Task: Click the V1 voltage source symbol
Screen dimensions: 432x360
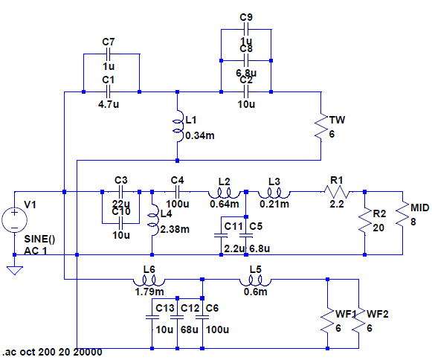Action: (15, 220)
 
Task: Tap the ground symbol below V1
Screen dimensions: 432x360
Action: (15, 271)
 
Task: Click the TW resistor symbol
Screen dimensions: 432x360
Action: (321, 126)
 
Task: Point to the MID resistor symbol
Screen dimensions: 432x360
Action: (402, 214)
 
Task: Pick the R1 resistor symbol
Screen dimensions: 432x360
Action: (337, 192)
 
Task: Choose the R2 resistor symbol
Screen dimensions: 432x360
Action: (365, 220)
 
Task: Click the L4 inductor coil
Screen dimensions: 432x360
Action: (154, 219)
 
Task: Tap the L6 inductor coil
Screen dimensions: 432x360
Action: (149, 281)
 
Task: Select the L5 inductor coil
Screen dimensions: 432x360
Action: (255, 281)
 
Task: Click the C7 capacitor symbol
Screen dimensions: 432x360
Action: (108, 54)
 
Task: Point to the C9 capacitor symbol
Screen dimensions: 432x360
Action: (246, 29)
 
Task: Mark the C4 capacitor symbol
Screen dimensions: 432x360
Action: (177, 192)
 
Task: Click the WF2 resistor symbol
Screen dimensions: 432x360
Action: (358, 321)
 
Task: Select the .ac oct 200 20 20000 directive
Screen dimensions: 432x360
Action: (52, 353)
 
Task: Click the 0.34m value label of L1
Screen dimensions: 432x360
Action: (200, 135)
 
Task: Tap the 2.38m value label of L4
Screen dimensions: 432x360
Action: (175, 229)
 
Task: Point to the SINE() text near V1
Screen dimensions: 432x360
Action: (39, 239)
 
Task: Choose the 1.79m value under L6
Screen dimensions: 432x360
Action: (149, 292)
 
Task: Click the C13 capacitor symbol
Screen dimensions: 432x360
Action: (152, 317)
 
